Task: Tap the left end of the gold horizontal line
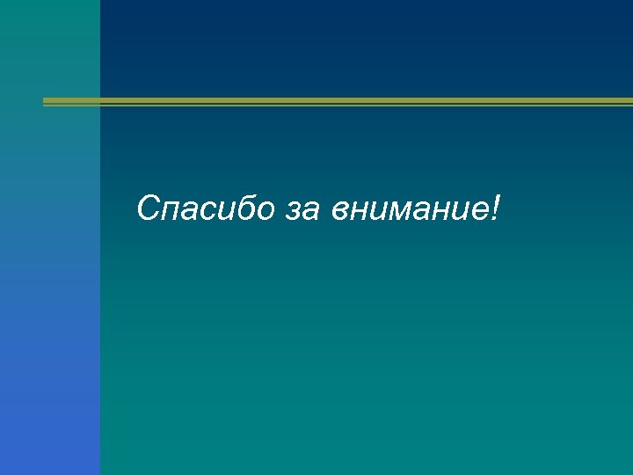click(46, 102)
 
